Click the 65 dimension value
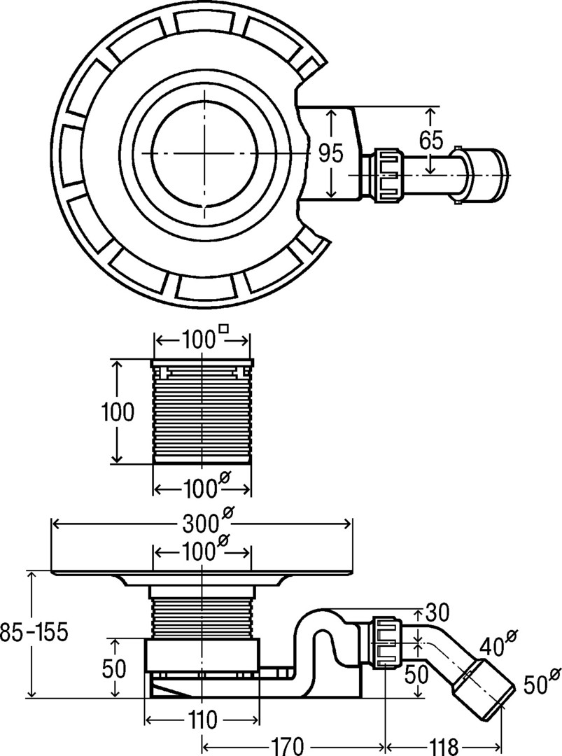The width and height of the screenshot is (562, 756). [x=430, y=140]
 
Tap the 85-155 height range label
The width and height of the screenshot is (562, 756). [x=34, y=632]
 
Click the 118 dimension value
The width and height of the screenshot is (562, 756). [x=442, y=746]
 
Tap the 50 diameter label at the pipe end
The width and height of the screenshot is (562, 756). [x=537, y=682]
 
